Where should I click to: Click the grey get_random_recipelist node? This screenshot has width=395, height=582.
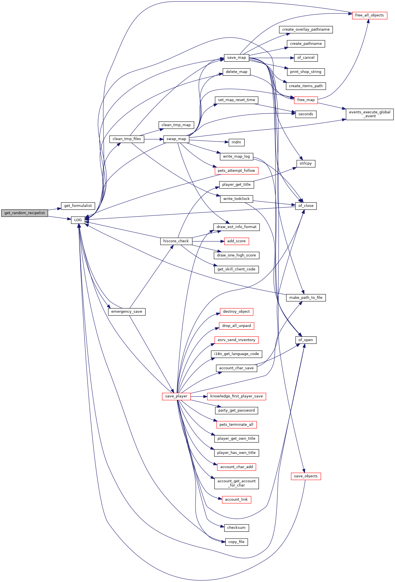pyautogui.click(x=24, y=213)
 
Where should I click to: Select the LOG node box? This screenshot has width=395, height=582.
pyautogui.click(x=78, y=220)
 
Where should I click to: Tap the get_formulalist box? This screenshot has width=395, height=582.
pyautogui.click(x=78, y=206)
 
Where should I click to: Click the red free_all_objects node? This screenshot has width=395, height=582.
pyautogui.click(x=369, y=15)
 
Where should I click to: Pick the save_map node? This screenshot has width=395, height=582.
pyautogui.click(x=236, y=58)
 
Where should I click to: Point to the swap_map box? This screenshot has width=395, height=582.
pyautogui.click(x=176, y=139)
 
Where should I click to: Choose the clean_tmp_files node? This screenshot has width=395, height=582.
pyautogui.click(x=127, y=139)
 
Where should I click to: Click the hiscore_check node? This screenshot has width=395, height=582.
pyautogui.click(x=176, y=241)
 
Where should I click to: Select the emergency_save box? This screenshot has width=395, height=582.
pyautogui.click(x=127, y=312)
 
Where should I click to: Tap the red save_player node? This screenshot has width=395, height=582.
pyautogui.click(x=176, y=396)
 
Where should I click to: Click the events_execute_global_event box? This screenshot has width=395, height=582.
pyautogui.click(x=370, y=114)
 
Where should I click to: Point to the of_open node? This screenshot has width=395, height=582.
pyautogui.click(x=306, y=340)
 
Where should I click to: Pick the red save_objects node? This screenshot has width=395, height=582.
pyautogui.click(x=306, y=476)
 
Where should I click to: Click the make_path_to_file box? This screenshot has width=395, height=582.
pyautogui.click(x=306, y=298)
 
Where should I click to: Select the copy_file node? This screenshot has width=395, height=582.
pyautogui.click(x=236, y=542)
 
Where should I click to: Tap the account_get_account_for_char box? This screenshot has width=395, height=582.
pyautogui.click(x=236, y=483)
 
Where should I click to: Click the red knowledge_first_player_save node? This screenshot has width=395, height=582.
pyautogui.click(x=236, y=396)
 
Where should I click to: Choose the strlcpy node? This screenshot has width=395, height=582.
pyautogui.click(x=306, y=163)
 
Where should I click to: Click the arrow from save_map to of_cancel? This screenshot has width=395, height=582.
pyautogui.click(x=271, y=58)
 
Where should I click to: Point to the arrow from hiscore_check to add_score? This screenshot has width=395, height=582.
pyautogui.click(x=208, y=241)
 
